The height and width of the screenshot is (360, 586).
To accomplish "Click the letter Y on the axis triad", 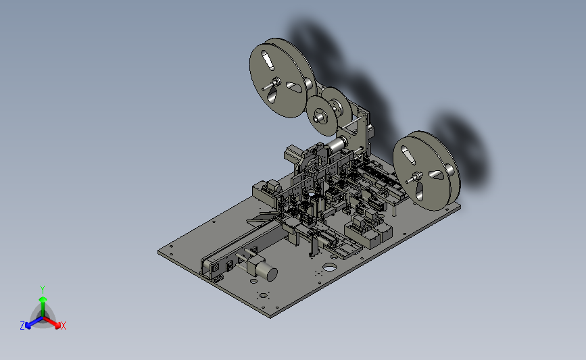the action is [42, 290].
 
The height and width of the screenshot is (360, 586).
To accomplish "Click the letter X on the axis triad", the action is [63, 326].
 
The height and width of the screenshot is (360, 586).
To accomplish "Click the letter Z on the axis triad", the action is [22, 326].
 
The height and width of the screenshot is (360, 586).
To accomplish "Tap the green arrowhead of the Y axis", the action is [43, 299].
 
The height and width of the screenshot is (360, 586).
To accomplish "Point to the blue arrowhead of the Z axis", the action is [28, 326].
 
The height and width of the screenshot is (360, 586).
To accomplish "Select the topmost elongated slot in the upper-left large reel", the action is [267, 61].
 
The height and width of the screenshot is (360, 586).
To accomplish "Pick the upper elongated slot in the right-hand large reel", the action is [408, 155].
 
